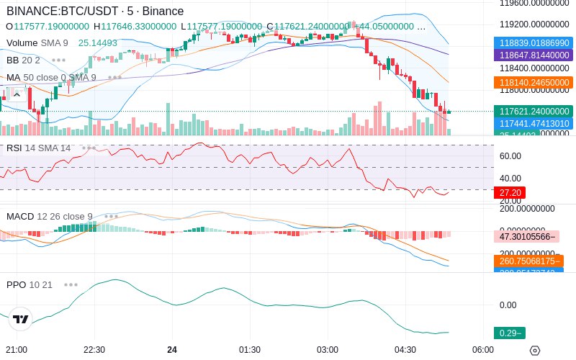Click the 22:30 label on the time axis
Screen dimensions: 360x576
pos(95,349)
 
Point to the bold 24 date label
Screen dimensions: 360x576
pos(172,349)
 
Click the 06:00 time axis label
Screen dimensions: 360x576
pos(483,349)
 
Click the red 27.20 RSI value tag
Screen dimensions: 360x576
pos(510,193)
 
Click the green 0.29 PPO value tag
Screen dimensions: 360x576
pos(509,333)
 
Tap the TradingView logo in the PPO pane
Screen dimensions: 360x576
pos(21,319)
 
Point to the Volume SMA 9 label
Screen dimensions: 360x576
pos(47,42)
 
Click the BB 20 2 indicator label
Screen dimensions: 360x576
pos(23,60)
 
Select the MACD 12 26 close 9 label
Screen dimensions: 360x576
pos(49,216)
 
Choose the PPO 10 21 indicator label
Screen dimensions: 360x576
pos(30,284)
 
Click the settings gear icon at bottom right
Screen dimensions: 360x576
pos(534,351)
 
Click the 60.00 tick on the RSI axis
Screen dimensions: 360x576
pos(510,156)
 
